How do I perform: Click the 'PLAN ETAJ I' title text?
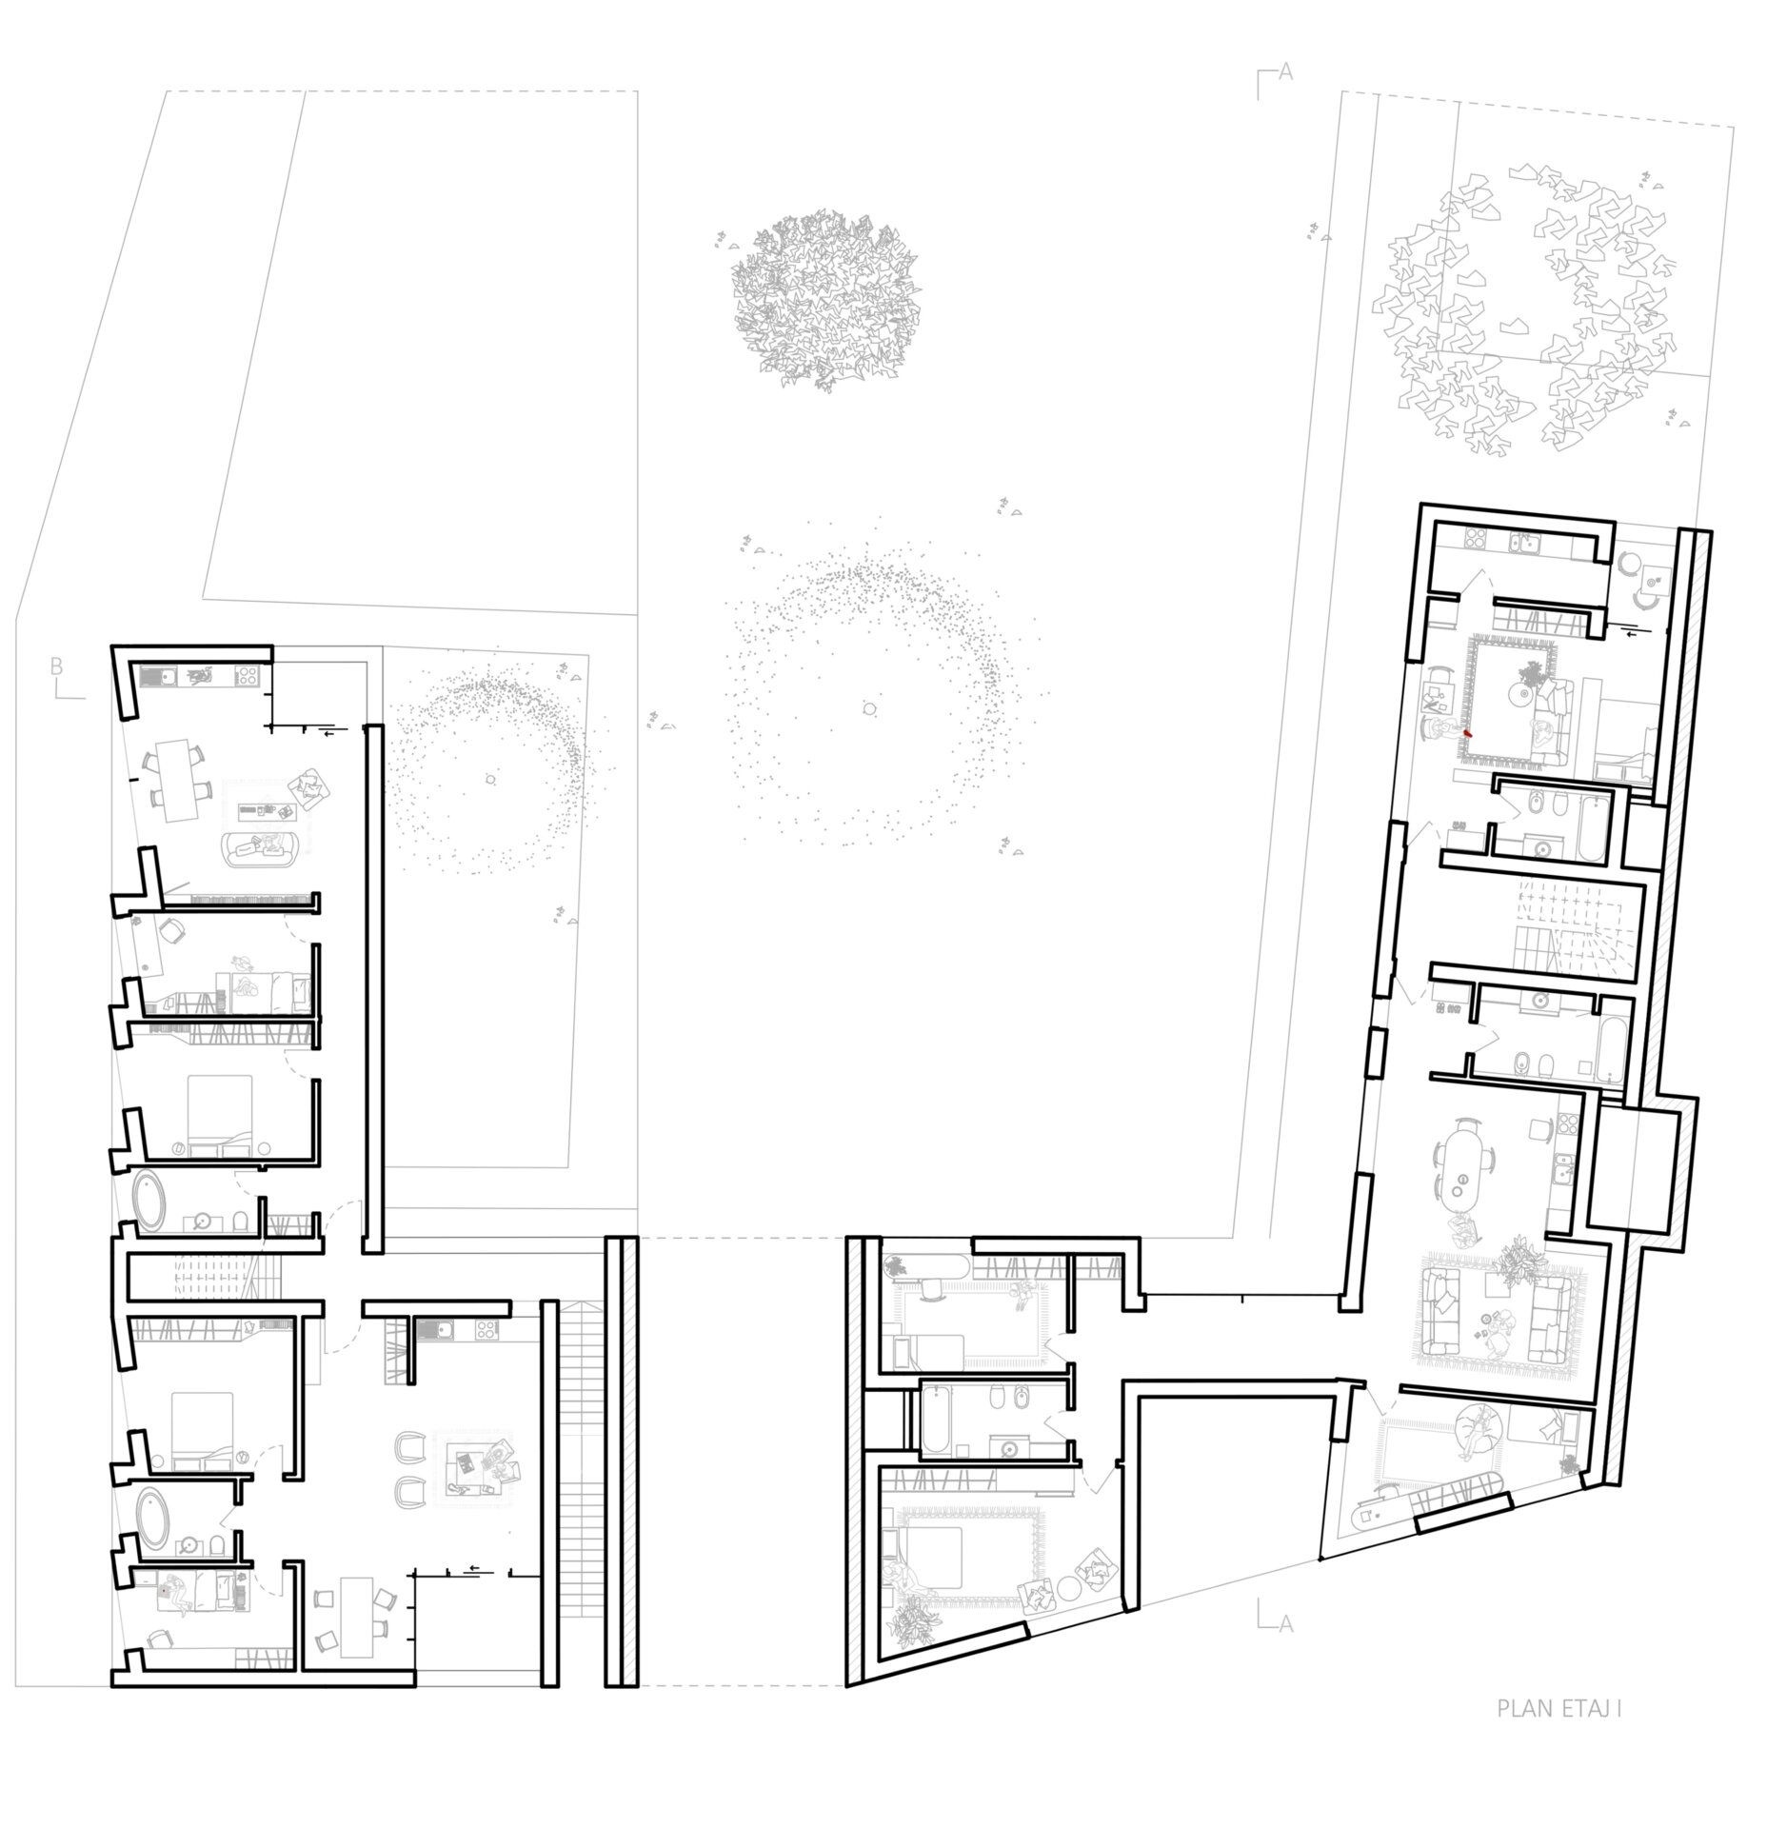tap(1559, 1735)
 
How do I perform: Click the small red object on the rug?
tap(1466, 734)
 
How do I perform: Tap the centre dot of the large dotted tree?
tap(868, 708)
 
